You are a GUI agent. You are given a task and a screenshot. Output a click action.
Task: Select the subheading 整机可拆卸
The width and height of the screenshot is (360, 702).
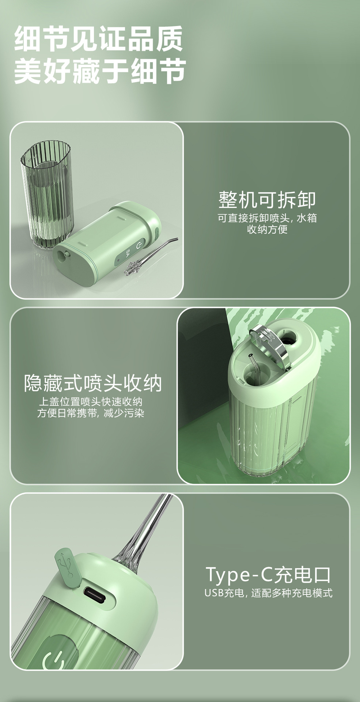(x=267, y=200)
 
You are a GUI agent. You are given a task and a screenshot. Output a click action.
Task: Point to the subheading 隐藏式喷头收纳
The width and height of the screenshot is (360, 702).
(x=93, y=383)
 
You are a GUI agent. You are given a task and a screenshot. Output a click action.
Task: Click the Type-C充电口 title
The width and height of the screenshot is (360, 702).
(x=268, y=574)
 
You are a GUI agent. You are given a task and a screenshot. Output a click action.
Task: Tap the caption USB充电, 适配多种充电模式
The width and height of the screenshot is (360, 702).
(x=268, y=593)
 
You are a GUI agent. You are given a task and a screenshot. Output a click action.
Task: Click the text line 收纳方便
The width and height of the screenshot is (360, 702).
(x=267, y=230)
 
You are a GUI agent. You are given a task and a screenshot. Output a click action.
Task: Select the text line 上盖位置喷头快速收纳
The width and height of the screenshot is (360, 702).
(x=91, y=402)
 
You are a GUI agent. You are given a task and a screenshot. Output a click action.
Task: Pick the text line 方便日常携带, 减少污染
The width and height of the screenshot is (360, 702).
(x=91, y=413)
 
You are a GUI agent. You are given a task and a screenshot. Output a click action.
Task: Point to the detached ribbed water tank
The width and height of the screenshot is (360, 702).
(x=47, y=195)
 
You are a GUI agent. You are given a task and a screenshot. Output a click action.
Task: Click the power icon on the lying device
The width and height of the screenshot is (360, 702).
(x=139, y=245)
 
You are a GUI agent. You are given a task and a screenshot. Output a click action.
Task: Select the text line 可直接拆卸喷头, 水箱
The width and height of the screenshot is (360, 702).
(x=267, y=218)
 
